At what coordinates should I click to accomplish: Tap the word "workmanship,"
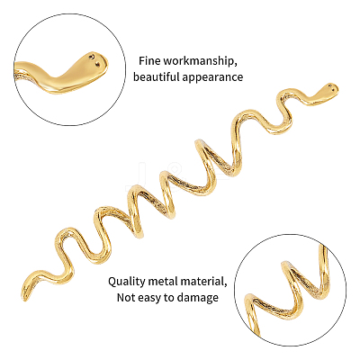[x=199, y=61]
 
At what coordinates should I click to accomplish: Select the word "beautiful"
[x=156, y=76]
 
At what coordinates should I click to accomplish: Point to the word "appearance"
[x=212, y=77]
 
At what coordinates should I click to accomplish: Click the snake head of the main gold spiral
[x=327, y=92]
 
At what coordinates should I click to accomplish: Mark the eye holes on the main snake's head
[x=331, y=87]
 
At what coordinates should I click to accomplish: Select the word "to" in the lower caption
[x=170, y=298]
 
